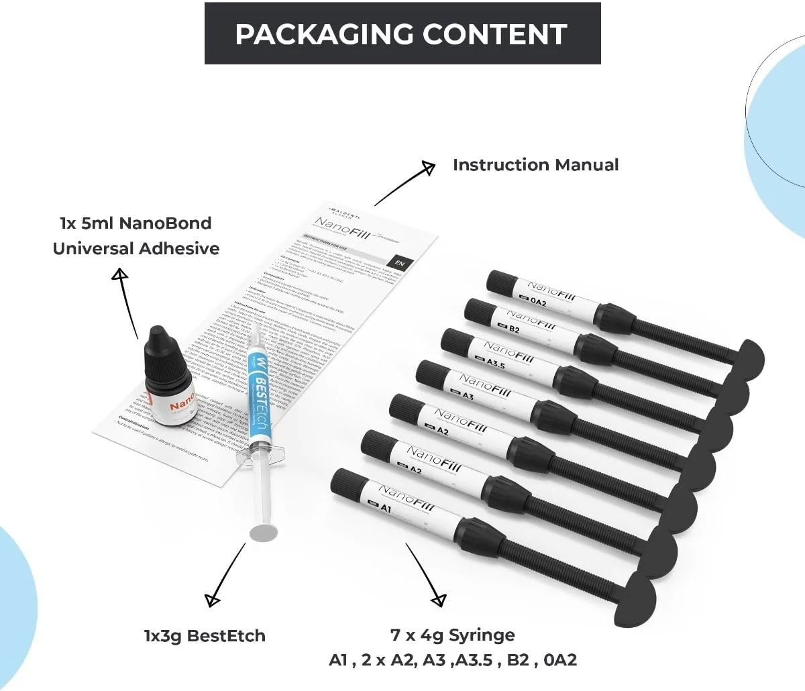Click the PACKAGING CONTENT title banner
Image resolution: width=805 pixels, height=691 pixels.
point(402,34)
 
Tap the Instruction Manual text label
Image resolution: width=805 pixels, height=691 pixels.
point(535,165)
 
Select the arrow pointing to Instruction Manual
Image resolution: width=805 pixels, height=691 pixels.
point(403,184)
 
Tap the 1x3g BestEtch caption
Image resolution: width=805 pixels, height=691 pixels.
point(205,635)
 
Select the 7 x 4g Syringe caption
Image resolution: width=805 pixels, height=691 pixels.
point(453,635)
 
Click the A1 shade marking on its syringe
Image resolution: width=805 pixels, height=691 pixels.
point(386,508)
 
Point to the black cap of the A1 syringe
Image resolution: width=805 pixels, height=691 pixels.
point(347,485)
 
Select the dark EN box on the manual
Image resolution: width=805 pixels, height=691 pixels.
point(400,264)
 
